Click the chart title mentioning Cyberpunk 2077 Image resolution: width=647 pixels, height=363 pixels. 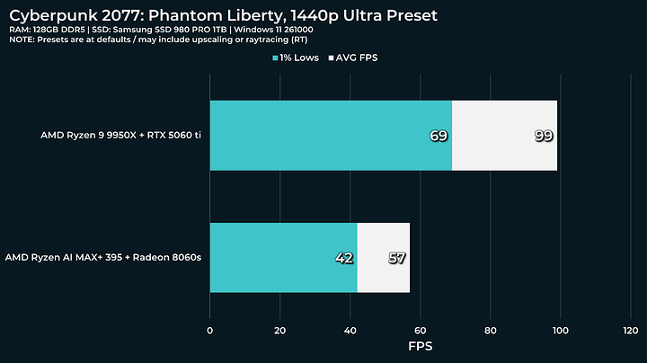tap(223, 15)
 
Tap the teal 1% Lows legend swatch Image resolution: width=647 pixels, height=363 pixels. tap(275, 58)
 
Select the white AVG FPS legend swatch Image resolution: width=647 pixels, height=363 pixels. tap(331, 58)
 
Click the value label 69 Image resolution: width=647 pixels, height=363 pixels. tap(439, 136)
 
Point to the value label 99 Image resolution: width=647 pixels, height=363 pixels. tap(544, 136)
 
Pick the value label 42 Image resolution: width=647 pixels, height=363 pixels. tap(344, 258)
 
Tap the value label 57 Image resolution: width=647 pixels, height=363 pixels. tap(397, 258)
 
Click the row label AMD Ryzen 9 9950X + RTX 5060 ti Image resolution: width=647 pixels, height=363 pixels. tap(121, 136)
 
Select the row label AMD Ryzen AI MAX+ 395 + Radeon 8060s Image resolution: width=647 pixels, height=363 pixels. tap(103, 257)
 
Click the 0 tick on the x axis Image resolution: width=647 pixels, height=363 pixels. tap(210, 331)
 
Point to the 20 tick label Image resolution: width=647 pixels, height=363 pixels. tap(279, 331)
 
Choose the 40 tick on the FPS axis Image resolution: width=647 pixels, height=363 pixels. tap(350, 331)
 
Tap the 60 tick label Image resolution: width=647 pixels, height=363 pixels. tap(420, 331)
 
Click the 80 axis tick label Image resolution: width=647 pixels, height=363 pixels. tap(491, 331)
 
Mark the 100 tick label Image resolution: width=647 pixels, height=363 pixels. tap(561, 331)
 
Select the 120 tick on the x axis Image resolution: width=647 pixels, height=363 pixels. tap(631, 331)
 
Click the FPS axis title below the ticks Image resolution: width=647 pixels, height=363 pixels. tap(420, 346)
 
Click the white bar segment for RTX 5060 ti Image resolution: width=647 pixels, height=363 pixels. tap(505, 136)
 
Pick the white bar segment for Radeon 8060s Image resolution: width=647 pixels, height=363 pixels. tap(384, 258)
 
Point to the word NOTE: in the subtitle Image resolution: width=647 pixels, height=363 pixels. tap(22, 40)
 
